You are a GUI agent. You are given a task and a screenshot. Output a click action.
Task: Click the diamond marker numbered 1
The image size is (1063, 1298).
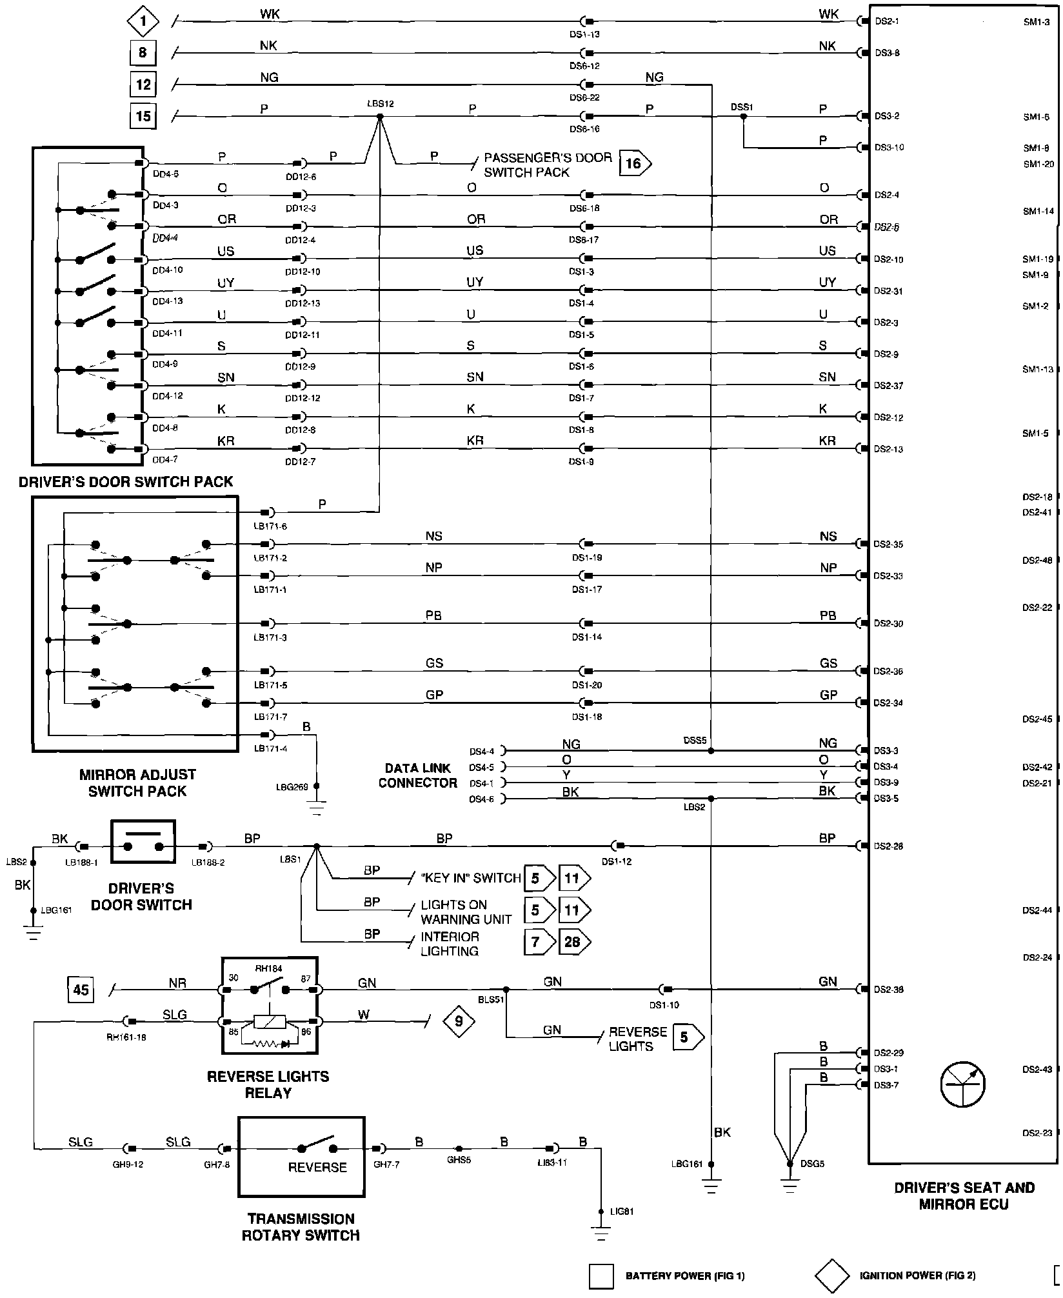click(143, 22)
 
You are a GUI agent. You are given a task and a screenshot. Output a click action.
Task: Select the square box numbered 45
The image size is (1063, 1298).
click(81, 989)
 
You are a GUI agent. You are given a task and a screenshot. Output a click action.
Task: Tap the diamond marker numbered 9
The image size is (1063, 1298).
click(459, 1021)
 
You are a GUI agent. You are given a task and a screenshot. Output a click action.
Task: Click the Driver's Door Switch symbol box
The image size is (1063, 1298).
click(143, 841)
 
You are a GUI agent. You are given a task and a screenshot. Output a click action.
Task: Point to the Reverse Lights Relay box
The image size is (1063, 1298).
click(270, 1005)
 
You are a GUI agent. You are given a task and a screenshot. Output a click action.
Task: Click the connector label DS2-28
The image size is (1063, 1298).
click(888, 846)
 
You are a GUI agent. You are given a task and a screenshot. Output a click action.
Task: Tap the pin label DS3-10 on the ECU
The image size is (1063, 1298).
click(889, 148)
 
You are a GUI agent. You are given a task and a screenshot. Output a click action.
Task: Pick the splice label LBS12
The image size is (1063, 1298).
click(380, 103)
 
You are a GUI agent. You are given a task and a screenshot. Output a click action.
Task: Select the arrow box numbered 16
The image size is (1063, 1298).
click(635, 164)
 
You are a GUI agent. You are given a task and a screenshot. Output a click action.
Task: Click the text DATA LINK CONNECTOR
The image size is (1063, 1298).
click(418, 775)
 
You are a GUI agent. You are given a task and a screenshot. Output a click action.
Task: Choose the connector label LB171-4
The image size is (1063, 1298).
click(270, 748)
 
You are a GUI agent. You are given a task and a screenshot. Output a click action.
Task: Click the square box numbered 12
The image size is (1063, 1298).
click(143, 84)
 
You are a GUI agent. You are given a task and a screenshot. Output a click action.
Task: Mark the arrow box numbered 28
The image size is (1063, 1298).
click(573, 942)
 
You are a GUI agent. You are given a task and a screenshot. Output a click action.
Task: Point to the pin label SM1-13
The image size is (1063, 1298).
click(1037, 370)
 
